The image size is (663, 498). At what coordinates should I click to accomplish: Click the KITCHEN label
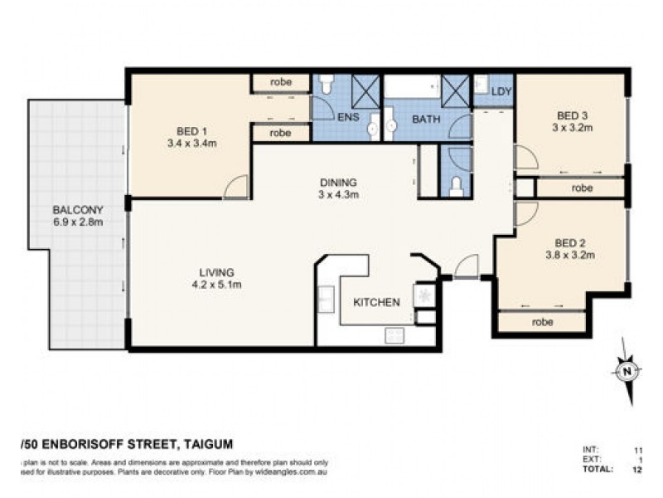coord(377,301)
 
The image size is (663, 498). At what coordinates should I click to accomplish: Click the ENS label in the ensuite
coord(347,118)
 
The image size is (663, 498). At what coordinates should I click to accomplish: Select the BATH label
coord(426,120)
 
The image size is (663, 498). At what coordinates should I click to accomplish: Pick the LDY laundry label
coord(501,91)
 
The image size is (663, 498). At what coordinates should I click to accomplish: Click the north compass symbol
coord(627,370)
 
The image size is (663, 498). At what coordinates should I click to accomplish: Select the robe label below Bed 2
coord(543,321)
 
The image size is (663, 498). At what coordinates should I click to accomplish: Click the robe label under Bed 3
coord(582,188)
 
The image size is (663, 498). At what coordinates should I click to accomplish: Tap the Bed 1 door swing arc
coord(236,188)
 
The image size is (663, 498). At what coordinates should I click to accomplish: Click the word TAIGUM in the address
coord(207,444)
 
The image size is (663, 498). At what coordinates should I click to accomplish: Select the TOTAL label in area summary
coord(598,470)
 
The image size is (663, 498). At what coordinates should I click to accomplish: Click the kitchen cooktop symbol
coord(426,295)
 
